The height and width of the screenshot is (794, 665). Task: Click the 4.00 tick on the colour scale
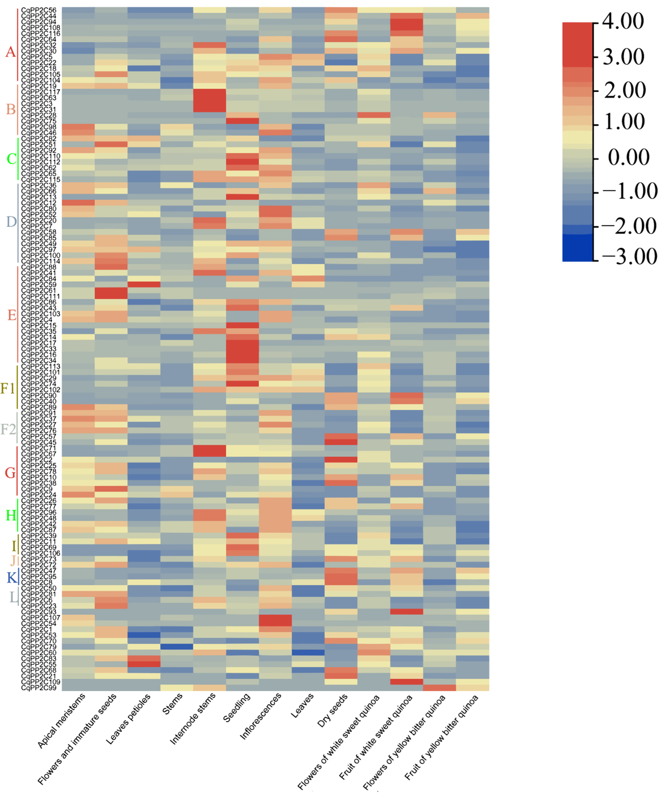point(623,22)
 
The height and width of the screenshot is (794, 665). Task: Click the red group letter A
point(10,52)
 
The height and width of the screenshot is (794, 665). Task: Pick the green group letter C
point(11,159)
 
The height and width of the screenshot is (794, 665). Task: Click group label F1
point(8,388)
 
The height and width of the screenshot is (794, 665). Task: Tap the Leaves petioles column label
point(128,719)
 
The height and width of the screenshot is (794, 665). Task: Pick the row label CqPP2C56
point(39,10)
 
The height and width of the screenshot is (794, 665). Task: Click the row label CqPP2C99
point(39,687)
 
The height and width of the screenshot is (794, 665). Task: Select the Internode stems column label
point(193,718)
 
